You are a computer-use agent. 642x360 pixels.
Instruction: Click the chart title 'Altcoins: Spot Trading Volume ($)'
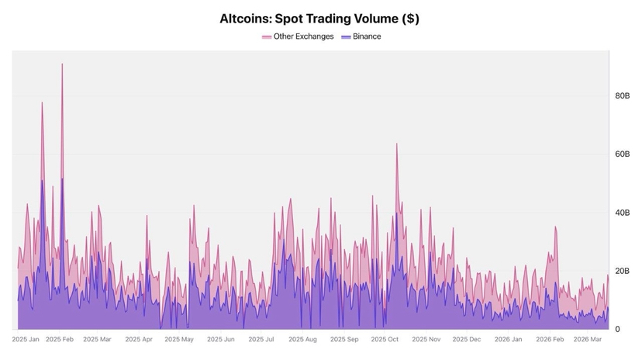coord(319,19)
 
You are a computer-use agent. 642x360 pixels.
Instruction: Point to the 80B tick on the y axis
coord(622,96)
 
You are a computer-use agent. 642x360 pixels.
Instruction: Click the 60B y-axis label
coord(622,154)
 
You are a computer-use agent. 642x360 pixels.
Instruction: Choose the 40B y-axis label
coord(622,213)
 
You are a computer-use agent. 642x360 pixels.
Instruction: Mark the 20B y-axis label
coord(622,271)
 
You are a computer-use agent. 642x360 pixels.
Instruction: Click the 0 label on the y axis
coord(617,329)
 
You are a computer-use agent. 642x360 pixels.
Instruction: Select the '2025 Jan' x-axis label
coord(26,339)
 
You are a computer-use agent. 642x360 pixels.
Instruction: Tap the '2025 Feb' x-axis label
coord(60,339)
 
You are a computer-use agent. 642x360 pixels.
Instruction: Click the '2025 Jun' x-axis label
coord(220,339)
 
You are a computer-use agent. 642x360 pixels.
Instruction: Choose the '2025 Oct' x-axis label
coord(384,339)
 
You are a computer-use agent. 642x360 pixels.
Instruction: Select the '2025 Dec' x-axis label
coord(466,339)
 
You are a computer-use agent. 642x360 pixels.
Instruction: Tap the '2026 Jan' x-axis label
coord(508,339)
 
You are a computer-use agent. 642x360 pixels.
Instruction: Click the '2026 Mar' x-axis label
coord(587,339)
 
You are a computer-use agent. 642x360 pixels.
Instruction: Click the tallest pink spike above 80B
coord(62,64)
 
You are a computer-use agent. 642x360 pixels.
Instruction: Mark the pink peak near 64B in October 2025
coord(396,144)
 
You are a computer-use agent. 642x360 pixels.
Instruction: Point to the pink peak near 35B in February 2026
coord(555,227)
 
